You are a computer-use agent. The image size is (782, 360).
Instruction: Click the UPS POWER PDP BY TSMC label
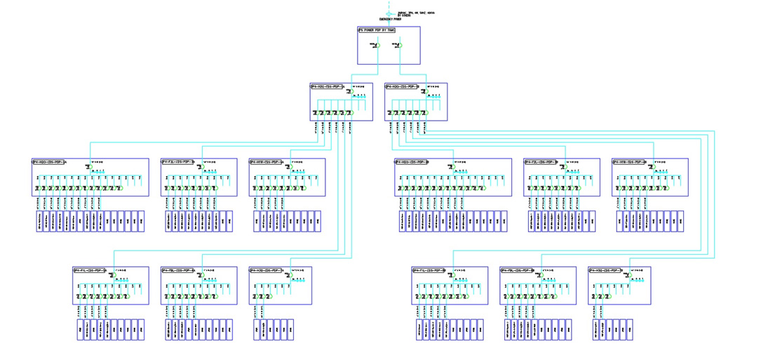coord(377,30)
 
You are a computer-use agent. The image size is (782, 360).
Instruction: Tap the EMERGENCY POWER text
coord(390,20)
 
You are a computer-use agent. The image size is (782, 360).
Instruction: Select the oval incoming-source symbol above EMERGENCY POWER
coord(389,13)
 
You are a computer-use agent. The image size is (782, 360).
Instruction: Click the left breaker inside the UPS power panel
coord(376,46)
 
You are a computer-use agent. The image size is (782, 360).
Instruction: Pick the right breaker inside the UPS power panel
coord(399,46)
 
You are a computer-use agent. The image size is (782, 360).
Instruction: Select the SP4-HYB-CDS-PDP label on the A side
coord(267,162)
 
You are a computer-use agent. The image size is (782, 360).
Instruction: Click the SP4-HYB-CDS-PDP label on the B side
coord(630,162)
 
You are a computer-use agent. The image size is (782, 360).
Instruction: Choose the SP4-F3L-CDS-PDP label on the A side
coord(178,162)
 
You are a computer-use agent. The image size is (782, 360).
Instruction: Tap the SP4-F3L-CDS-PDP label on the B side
coord(541,162)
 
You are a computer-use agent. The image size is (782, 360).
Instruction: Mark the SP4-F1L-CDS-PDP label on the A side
coord(90,270)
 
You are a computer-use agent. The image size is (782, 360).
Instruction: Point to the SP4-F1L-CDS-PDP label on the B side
coord(429,270)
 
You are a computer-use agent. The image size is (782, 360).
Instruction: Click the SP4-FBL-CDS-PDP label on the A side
coord(178,270)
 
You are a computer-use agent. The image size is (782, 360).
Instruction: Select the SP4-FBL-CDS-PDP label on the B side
coord(518,270)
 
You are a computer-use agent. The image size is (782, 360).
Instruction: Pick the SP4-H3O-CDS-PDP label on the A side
coord(267,270)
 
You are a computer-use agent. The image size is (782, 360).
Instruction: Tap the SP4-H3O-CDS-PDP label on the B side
coord(606,270)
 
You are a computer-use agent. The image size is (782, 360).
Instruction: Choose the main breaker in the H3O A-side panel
coord(288,275)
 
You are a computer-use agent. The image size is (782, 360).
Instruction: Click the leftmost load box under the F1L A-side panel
coord(81,329)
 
